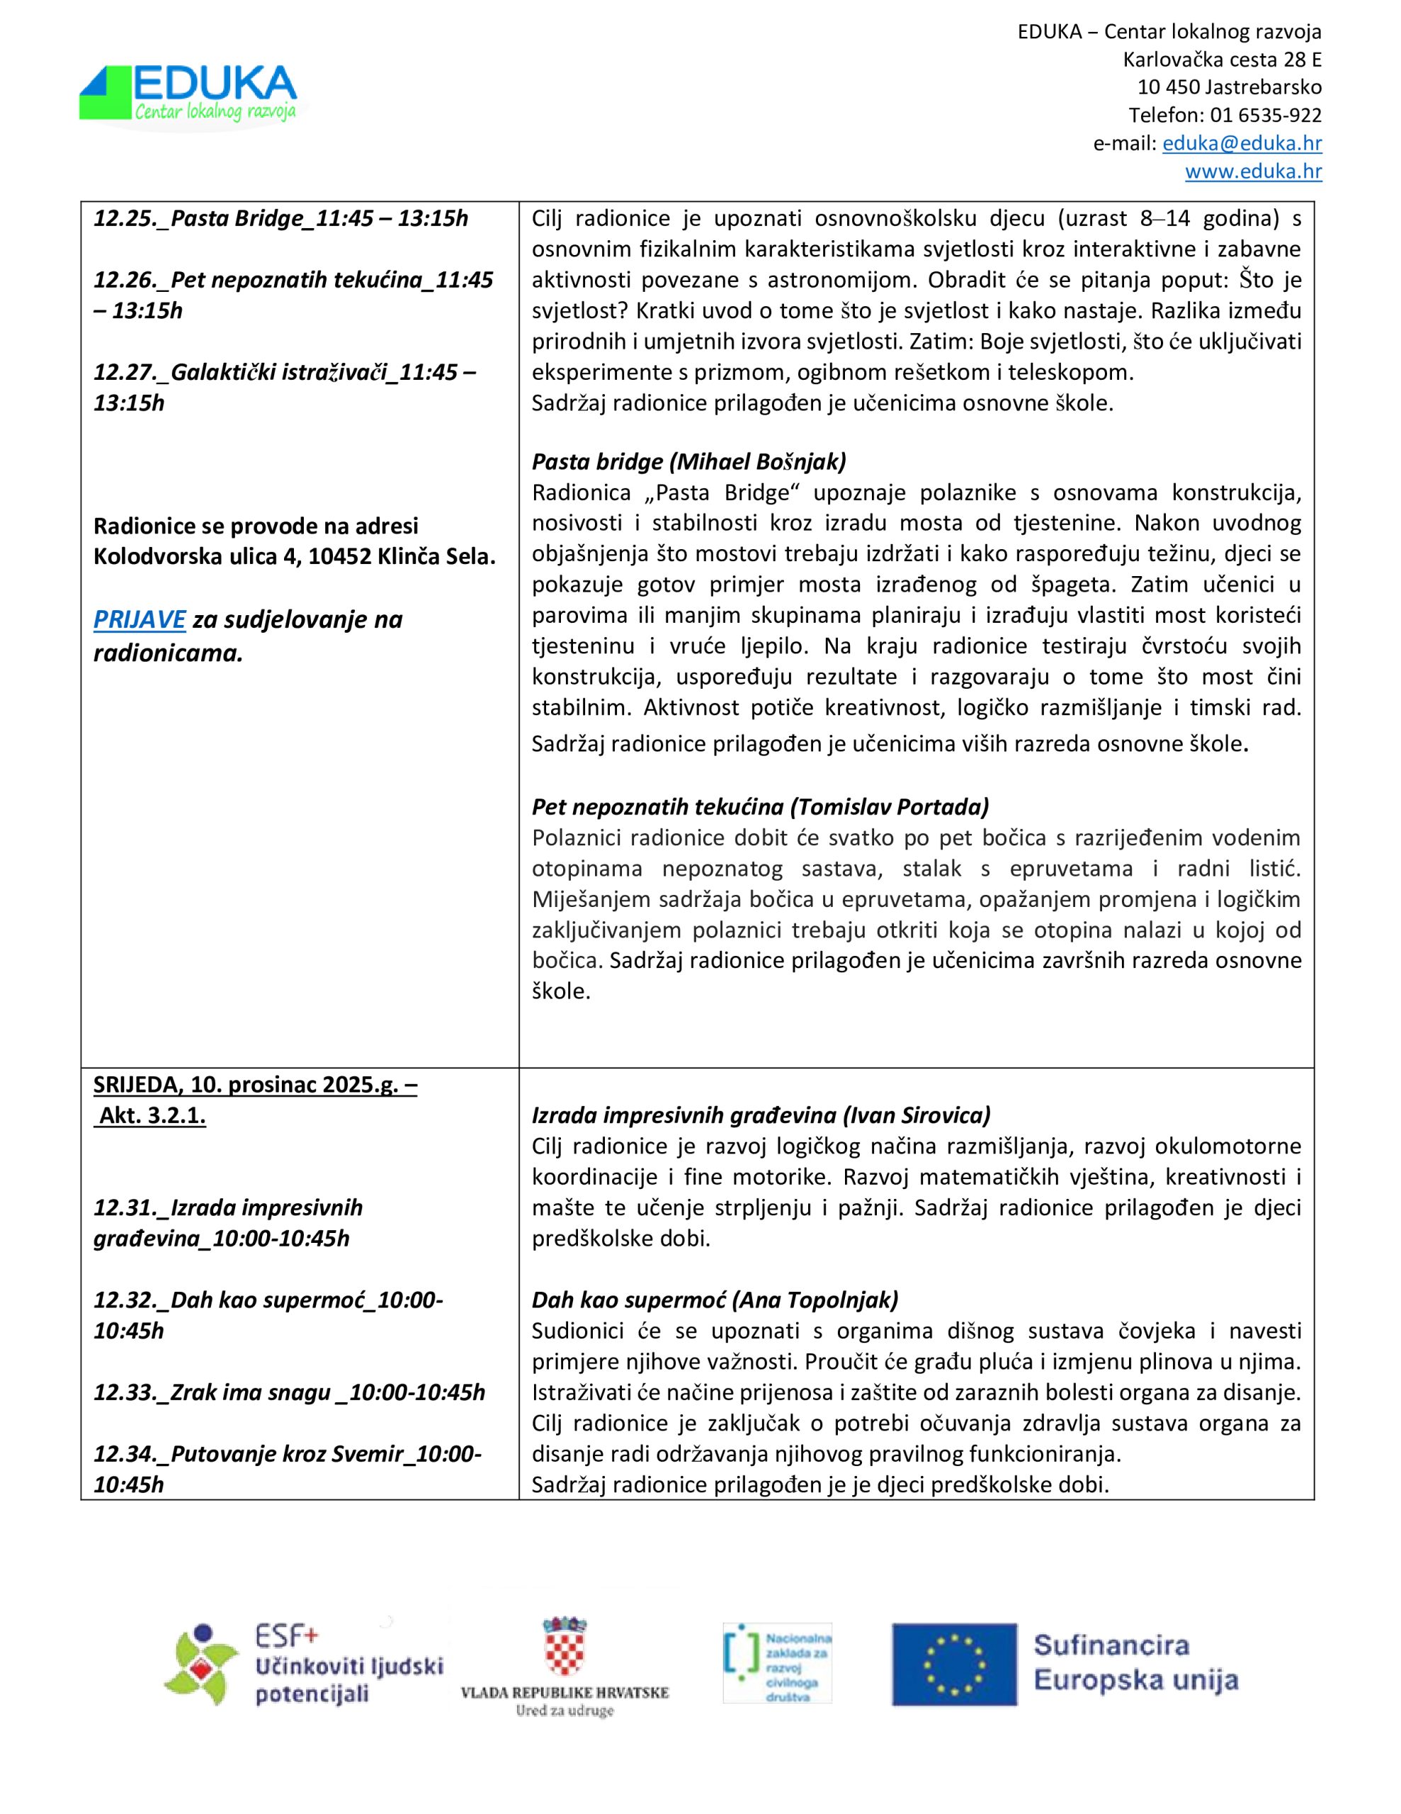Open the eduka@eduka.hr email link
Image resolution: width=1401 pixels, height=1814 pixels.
(1242, 143)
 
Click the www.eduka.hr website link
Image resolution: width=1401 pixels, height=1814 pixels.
(1253, 171)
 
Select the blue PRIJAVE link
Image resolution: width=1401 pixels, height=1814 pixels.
(139, 619)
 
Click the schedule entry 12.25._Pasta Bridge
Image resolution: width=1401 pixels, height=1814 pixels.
(280, 218)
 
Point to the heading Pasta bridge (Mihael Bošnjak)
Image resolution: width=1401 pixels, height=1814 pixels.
(688, 462)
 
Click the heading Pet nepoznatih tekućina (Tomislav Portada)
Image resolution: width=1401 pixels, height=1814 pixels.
(760, 806)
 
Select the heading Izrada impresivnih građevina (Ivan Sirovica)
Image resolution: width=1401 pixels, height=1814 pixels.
(761, 1115)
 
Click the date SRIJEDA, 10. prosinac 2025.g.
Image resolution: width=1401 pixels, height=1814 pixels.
(254, 1085)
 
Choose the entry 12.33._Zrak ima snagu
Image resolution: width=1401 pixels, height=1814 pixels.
(289, 1393)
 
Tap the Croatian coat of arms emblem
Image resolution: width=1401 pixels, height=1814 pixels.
(565, 1642)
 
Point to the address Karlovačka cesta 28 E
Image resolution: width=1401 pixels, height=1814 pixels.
(1222, 60)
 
